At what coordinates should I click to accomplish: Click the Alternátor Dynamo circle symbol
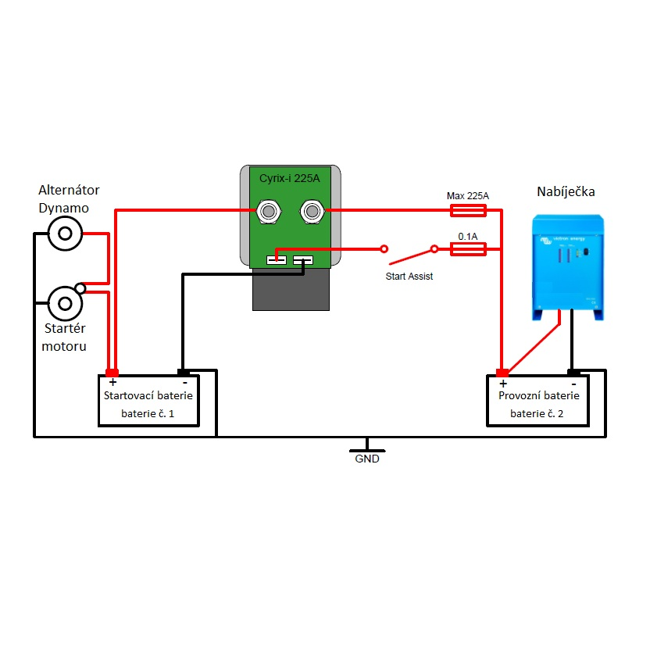(65, 233)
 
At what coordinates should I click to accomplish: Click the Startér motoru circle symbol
(65, 302)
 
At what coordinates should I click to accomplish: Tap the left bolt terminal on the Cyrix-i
(270, 210)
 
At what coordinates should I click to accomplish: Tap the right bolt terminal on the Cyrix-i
(312, 210)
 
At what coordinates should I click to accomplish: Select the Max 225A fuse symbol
(469, 210)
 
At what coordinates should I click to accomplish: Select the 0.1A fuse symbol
(469, 249)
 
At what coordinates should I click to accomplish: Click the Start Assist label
(409, 277)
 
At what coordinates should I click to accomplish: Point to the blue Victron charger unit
(569, 266)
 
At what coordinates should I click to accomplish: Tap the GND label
(367, 459)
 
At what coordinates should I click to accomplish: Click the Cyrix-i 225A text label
(290, 179)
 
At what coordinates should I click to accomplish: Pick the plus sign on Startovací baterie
(112, 383)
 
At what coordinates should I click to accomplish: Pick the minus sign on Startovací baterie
(184, 383)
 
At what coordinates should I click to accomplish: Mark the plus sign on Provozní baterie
(503, 383)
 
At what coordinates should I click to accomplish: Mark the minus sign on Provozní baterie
(573, 383)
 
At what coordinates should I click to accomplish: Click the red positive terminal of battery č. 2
(502, 372)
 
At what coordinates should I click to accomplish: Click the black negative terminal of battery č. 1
(184, 372)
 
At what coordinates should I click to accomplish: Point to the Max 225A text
(468, 195)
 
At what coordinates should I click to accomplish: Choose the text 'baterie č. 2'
(537, 413)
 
